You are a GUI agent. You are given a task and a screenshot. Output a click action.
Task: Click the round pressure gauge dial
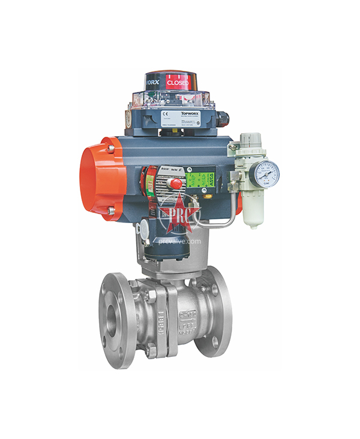point(266,173)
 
